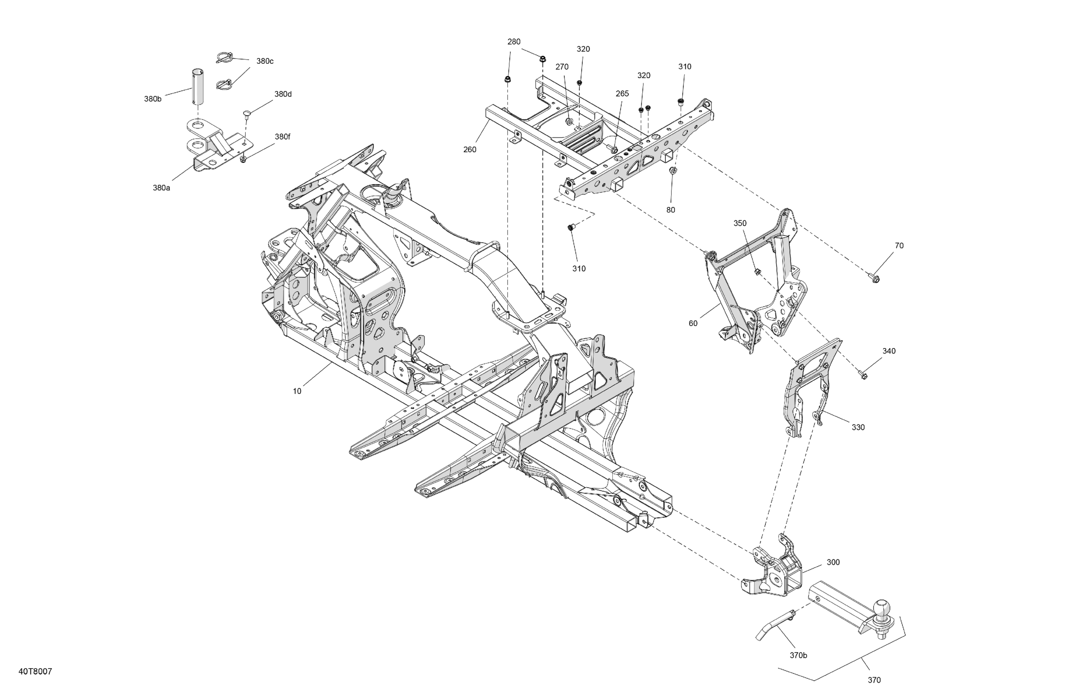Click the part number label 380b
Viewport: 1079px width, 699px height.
pos(153,99)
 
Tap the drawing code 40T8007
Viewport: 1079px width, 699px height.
pos(35,671)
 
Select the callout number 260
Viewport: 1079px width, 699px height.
pos(470,150)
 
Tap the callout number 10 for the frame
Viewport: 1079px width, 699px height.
pos(297,391)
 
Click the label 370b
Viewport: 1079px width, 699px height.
pos(798,655)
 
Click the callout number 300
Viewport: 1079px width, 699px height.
pos(833,562)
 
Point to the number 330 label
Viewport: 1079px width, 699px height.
pos(858,427)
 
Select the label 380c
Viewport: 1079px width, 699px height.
pos(265,61)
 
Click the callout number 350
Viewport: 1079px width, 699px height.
pos(740,223)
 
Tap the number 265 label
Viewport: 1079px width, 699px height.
pos(622,94)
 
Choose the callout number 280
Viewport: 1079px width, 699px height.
pos(514,42)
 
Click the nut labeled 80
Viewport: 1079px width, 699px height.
pos(673,171)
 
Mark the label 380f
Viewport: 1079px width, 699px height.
pos(282,137)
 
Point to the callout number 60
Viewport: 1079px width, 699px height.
pos(693,324)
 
